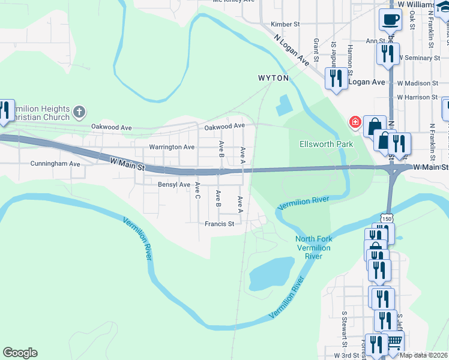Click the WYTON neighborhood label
273,78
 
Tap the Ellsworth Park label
327,144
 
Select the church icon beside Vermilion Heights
79,112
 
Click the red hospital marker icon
355,123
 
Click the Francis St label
219,224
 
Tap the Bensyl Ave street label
173,184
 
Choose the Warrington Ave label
172,147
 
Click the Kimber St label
285,24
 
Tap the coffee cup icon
390,19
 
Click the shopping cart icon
394,342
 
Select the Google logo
20,353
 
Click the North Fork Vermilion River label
313,248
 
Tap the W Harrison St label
422,97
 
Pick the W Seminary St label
418,58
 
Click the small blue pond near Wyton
282,107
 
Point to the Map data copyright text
423,355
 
